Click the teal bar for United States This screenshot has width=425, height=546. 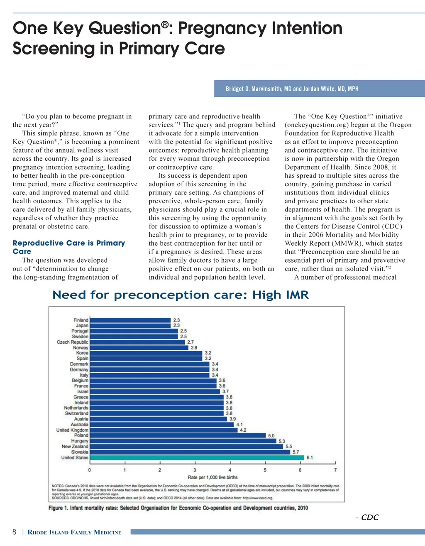point(197,457)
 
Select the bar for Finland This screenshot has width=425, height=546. point(130,320)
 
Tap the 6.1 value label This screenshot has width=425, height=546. point(310,457)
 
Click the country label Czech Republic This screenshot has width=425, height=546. point(73,342)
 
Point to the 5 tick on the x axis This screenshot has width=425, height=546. point(265,470)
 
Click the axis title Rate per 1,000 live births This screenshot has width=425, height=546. point(212,477)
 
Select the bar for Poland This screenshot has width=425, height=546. point(178,435)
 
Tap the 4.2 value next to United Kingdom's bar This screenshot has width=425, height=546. point(243,430)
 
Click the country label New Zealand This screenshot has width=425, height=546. point(75,446)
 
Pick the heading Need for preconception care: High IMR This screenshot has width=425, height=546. point(181,295)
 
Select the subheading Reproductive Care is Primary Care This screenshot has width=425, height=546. point(68,247)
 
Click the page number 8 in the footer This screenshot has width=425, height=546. point(15,532)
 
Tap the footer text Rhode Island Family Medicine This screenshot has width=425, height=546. point(75,532)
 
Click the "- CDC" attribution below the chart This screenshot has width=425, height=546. point(367,517)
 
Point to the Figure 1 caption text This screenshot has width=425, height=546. point(178,508)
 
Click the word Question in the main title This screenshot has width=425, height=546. point(125,28)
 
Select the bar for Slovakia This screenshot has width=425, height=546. point(190,452)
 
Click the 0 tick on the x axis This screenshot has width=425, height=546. point(89,470)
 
